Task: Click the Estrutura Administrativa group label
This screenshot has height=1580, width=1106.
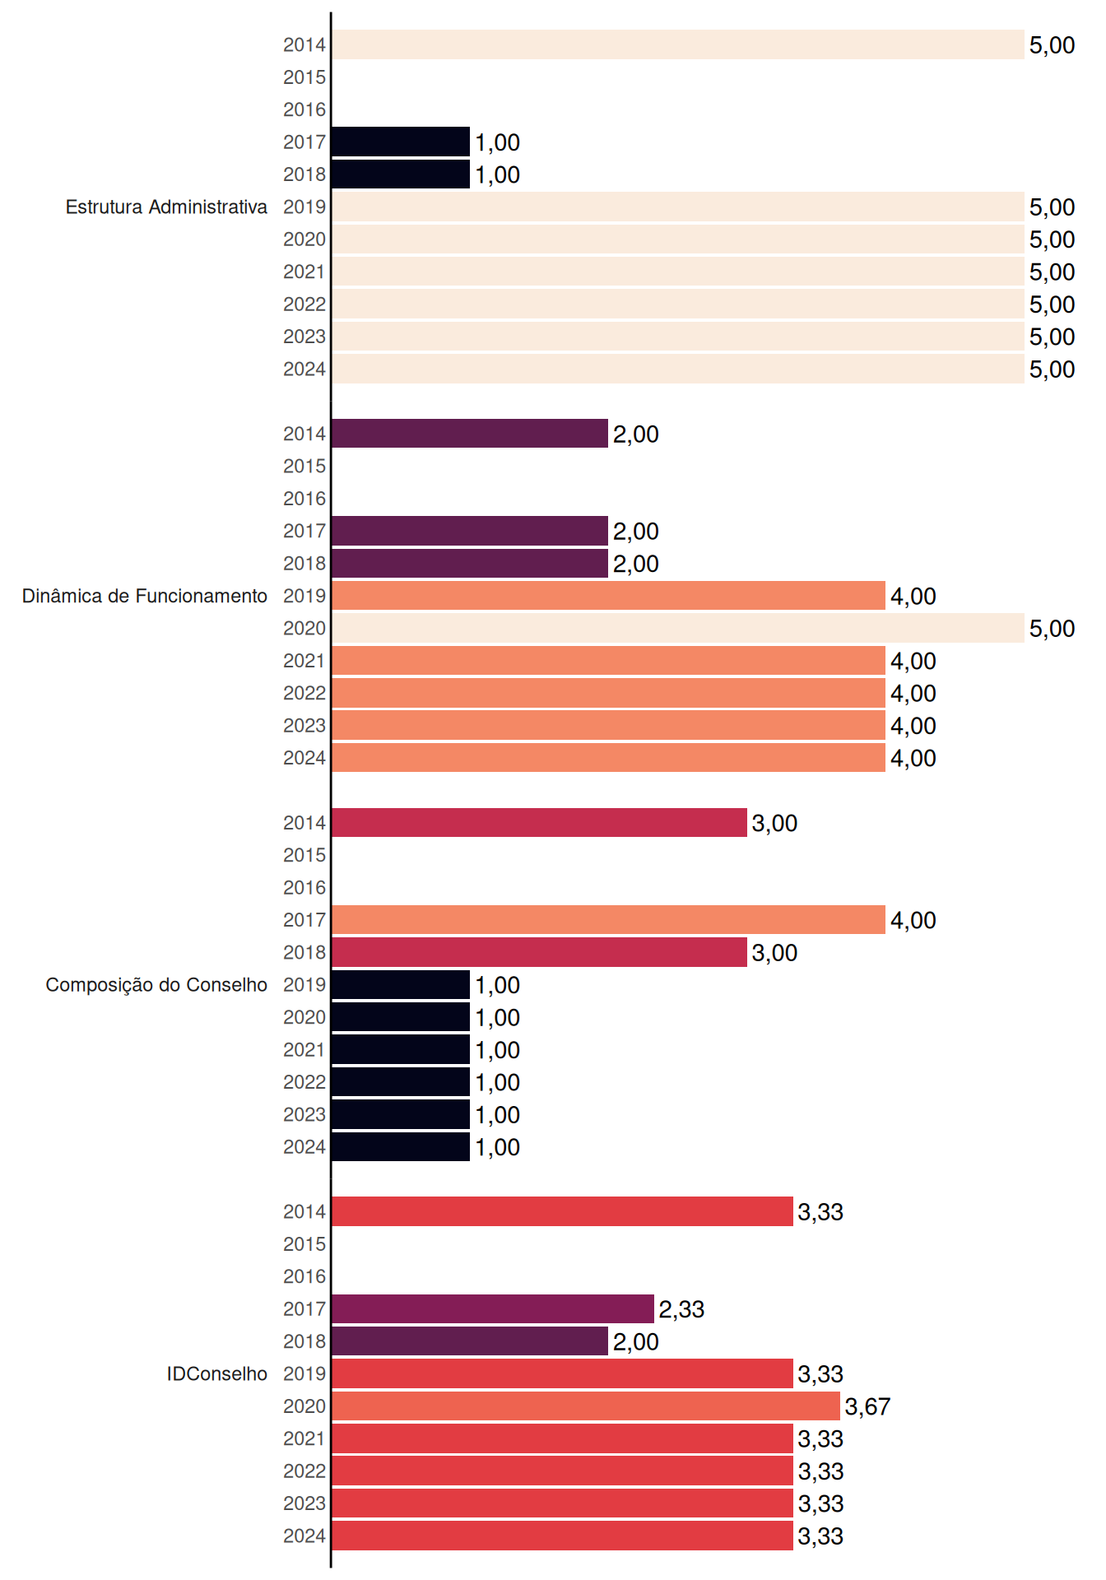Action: (166, 207)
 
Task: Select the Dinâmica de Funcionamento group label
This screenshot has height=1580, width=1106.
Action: (145, 596)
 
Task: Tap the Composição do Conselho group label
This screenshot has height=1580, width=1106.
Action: (156, 985)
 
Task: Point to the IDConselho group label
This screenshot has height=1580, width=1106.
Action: (217, 1373)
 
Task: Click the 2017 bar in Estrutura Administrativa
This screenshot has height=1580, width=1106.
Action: (401, 142)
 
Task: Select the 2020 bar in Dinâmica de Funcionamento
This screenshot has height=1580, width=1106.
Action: (678, 628)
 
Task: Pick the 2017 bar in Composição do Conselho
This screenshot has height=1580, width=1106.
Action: (609, 919)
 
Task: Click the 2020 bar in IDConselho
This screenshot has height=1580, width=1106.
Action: (586, 1406)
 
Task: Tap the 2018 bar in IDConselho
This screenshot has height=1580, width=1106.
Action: (470, 1341)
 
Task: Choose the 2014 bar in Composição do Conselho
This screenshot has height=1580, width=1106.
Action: (539, 822)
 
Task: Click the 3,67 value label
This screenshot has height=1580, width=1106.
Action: (867, 1406)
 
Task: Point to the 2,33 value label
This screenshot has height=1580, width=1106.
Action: (681, 1309)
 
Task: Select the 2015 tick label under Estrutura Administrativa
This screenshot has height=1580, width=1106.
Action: (304, 77)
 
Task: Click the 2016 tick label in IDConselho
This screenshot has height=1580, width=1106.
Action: (304, 1276)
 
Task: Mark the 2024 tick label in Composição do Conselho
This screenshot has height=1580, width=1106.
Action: (304, 1147)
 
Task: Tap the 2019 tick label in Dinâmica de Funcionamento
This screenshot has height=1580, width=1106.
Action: (304, 596)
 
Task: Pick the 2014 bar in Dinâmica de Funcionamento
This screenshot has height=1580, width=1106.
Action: (470, 434)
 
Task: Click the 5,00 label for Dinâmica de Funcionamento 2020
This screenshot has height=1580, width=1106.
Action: (1052, 629)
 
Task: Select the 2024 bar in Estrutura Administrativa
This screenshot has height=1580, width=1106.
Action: (678, 369)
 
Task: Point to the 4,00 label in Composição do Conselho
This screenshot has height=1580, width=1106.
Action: (913, 920)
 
